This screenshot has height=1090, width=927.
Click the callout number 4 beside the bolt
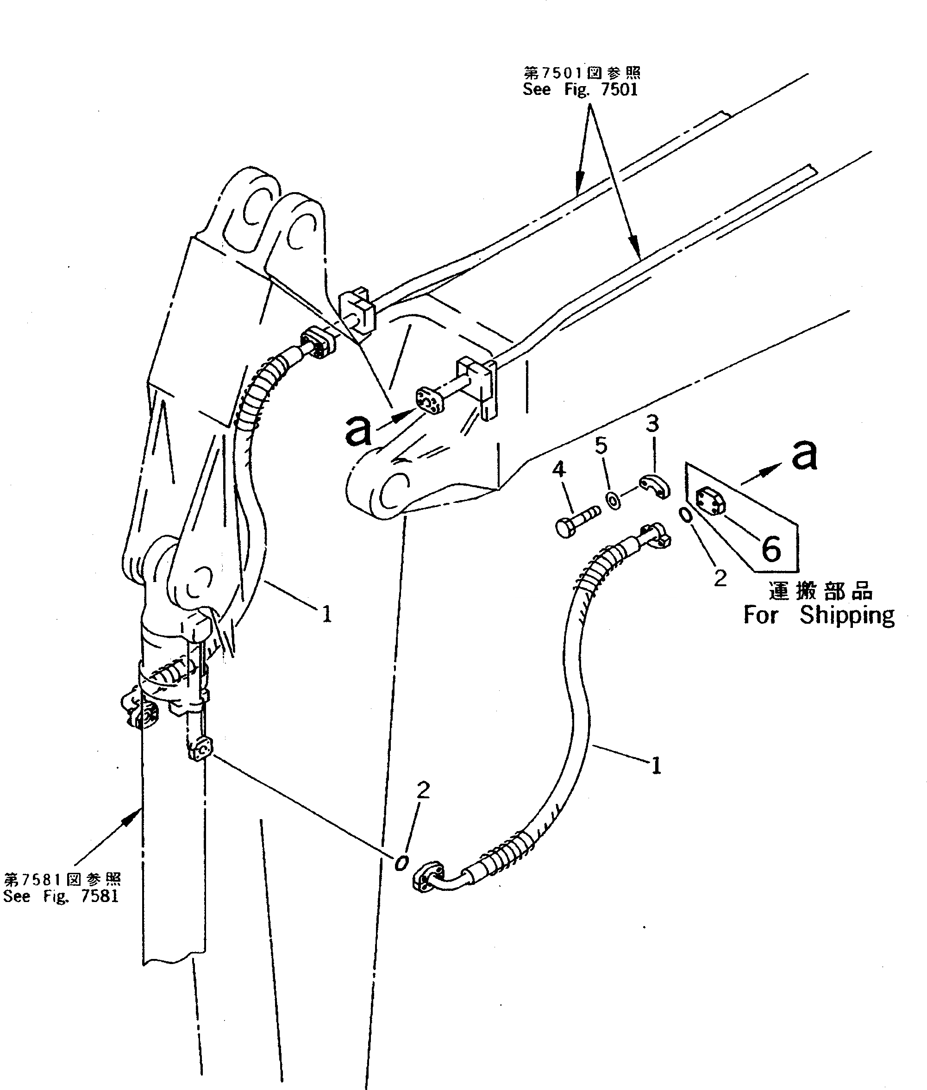click(x=559, y=469)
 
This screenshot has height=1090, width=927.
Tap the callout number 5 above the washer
click(x=601, y=445)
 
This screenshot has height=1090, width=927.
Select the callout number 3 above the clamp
click(x=652, y=424)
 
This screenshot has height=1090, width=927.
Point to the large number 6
click(x=771, y=550)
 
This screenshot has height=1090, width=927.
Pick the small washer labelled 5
click(x=613, y=499)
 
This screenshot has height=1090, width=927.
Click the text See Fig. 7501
click(x=580, y=90)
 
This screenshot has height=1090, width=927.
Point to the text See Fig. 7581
click(x=61, y=896)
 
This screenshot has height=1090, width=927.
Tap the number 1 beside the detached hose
click(x=656, y=766)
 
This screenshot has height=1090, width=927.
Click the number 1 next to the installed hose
click(x=327, y=614)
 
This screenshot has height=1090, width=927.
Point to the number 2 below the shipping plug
click(x=720, y=579)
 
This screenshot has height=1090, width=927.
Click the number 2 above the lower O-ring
click(x=423, y=805)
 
